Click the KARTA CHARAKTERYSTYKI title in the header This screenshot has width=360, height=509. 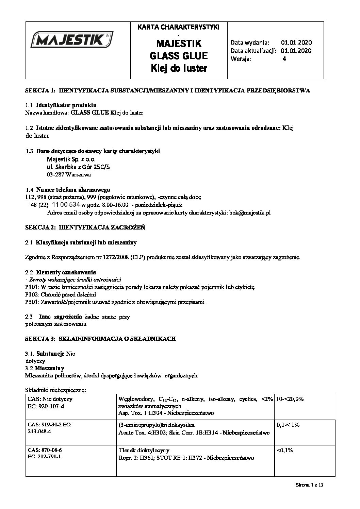point(179,27)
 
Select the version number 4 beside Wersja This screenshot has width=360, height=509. point(284,59)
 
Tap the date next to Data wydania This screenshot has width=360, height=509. point(296,43)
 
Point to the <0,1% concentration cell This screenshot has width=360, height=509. point(285,450)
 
